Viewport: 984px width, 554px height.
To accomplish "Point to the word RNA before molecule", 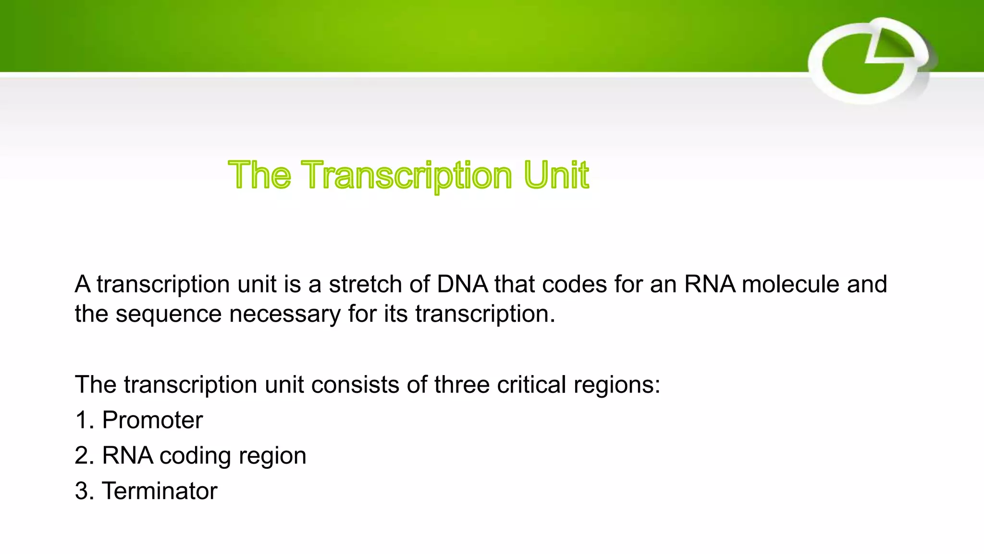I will coord(710,284).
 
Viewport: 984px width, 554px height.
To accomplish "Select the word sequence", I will coord(168,315).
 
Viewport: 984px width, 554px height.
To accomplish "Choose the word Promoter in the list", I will coord(152,420).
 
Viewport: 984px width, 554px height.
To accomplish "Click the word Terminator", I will coord(160,491).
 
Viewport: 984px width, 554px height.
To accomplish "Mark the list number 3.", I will coord(83,491).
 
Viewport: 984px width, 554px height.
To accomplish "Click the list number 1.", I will coord(83,420).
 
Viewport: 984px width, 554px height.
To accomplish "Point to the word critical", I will coord(531,385).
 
